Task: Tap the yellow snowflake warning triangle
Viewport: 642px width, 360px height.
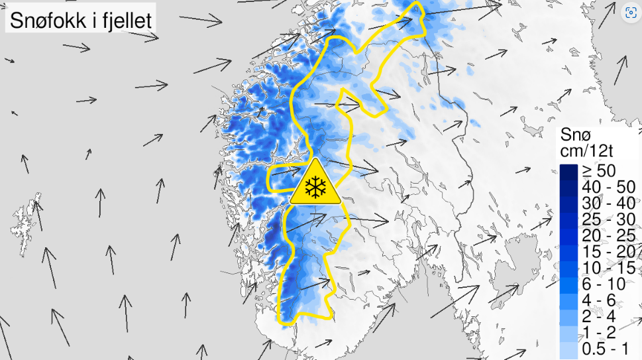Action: pyautogui.click(x=315, y=184)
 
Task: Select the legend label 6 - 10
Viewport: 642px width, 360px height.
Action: pyautogui.click(x=604, y=283)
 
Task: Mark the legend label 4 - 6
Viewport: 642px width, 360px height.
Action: pyautogui.click(x=600, y=299)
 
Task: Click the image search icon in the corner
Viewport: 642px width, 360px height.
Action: pyautogui.click(x=631, y=11)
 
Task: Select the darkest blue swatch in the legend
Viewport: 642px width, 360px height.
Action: pyautogui.click(x=568, y=171)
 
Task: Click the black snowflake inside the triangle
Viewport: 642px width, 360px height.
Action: pyautogui.click(x=315, y=187)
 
